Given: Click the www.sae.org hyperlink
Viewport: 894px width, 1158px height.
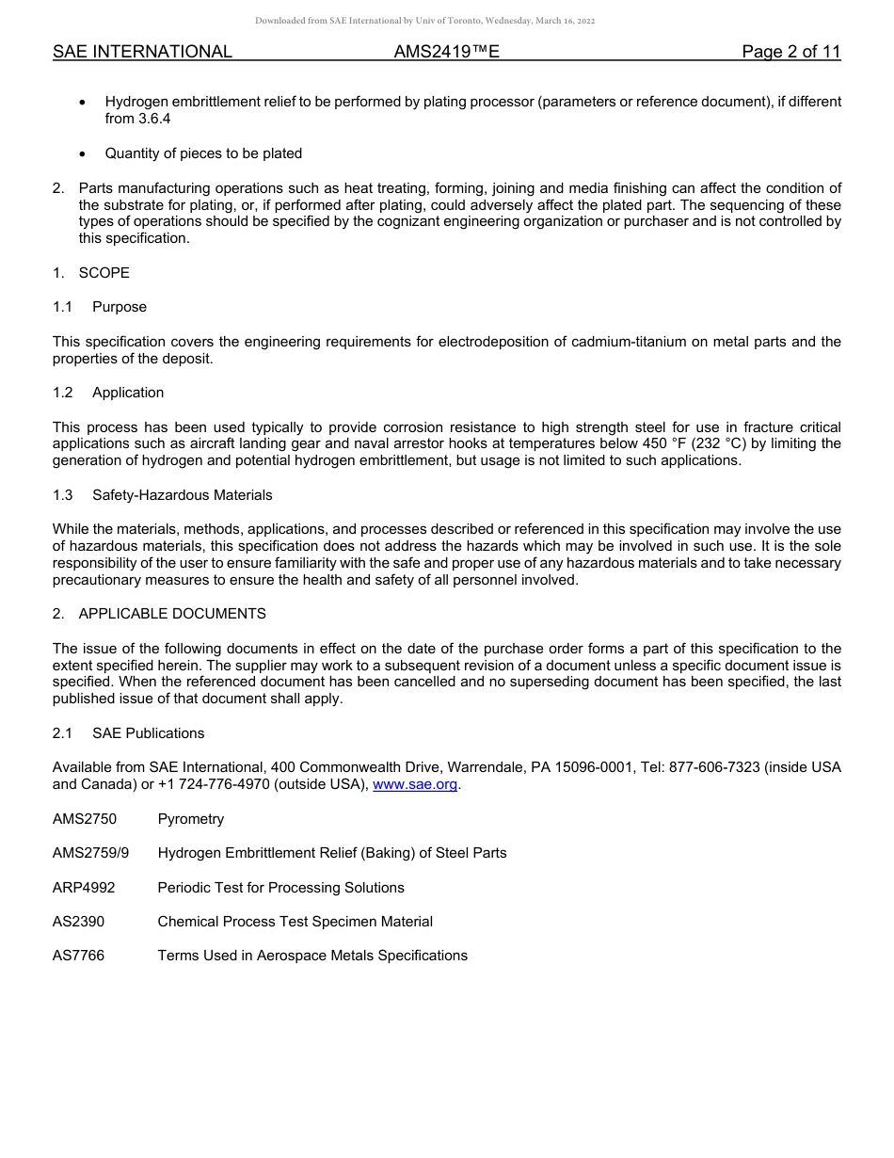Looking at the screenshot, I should [x=415, y=784].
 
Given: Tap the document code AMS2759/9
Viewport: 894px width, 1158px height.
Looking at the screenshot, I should [x=91, y=853].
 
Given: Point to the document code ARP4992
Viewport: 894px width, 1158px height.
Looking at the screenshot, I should [x=85, y=888].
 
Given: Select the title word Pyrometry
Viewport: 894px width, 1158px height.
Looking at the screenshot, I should [x=191, y=819].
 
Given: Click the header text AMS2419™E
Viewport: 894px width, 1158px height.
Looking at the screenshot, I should [x=446, y=53].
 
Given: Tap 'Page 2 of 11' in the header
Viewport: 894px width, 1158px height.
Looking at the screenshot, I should [x=790, y=53].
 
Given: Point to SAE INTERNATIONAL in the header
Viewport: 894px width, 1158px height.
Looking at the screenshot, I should [x=142, y=53].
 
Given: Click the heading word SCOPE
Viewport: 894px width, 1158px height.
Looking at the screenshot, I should [x=104, y=273].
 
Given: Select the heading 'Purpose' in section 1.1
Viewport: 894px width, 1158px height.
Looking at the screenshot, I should [x=120, y=307].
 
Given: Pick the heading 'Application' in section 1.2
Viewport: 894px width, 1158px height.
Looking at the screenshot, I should [x=128, y=393].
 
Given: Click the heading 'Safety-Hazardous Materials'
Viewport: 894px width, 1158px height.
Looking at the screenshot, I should [x=183, y=495].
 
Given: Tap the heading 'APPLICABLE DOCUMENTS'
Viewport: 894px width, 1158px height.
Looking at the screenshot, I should [x=172, y=614].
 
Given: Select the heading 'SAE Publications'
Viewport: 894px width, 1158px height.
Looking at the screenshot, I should [x=148, y=733].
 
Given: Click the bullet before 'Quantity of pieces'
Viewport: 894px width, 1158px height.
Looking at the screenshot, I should [x=85, y=153].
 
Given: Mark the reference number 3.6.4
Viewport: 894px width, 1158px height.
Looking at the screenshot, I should [x=153, y=119].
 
